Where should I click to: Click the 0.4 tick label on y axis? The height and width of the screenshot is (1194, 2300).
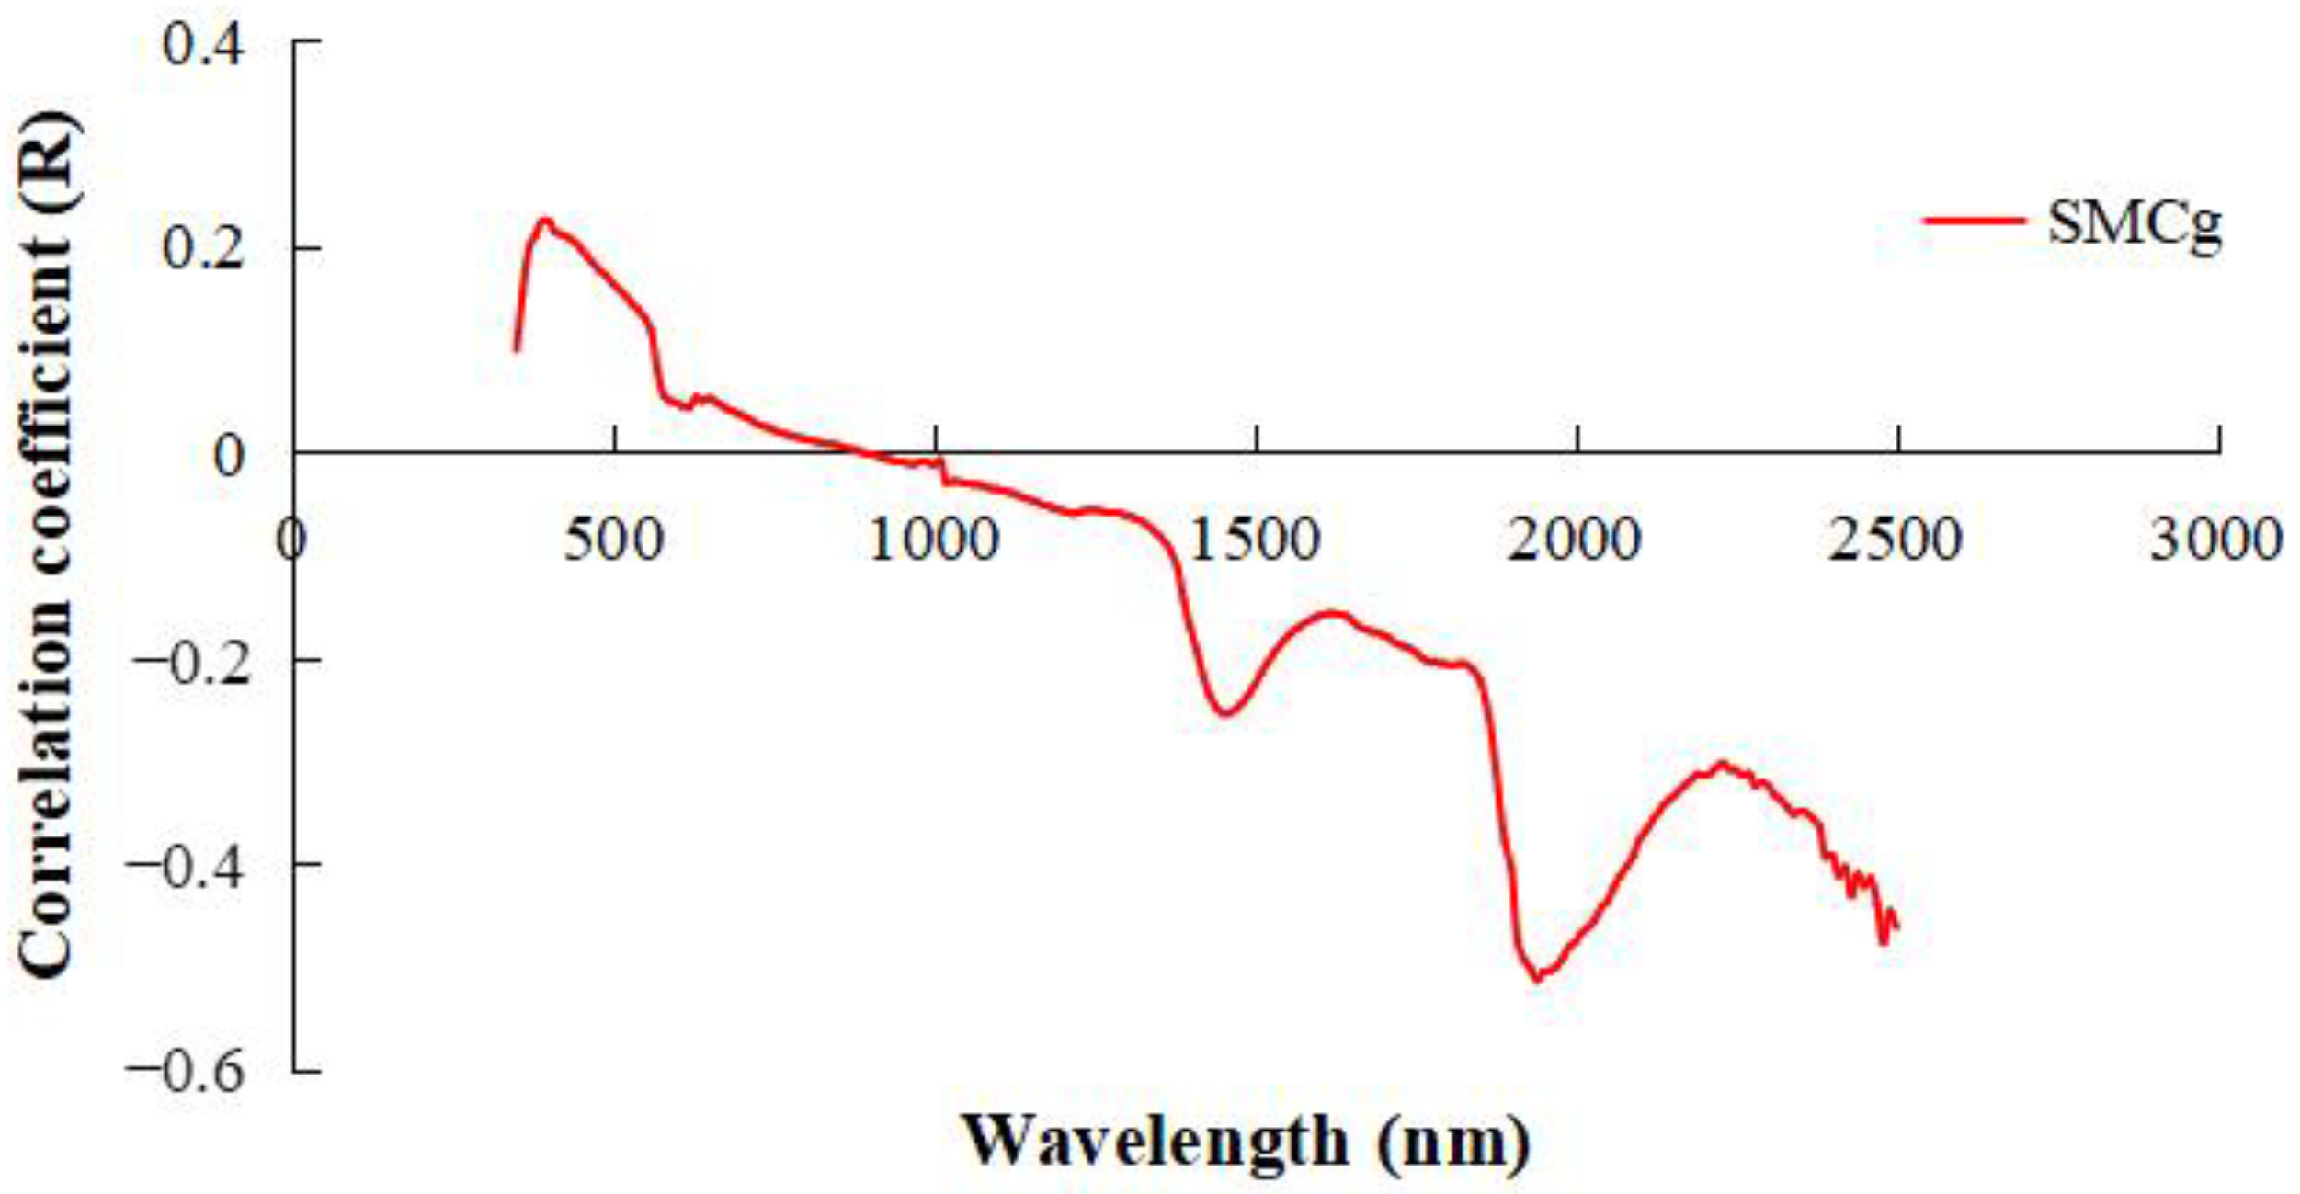click(203, 43)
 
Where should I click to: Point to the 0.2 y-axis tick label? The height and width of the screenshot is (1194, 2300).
click(203, 248)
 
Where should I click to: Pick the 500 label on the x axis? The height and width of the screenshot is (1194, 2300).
click(613, 540)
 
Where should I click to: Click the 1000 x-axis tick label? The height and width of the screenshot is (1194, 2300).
click(934, 540)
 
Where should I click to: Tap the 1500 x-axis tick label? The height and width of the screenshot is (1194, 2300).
click(1255, 540)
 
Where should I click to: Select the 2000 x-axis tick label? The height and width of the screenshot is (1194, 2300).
click(1575, 540)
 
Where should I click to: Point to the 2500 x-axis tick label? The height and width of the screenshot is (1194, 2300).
click(1896, 540)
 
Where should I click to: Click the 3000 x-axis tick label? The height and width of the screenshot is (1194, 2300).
click(2215, 540)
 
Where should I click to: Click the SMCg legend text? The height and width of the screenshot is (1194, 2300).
click(2135, 223)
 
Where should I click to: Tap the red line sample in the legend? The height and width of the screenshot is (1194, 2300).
click(1975, 221)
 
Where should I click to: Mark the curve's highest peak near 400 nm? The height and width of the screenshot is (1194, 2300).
click(545, 220)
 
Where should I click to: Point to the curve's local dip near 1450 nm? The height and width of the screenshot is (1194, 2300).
click(1226, 713)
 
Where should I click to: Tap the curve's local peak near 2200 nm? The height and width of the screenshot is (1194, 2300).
click(1721, 763)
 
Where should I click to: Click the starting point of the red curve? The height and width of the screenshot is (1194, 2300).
click(516, 350)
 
